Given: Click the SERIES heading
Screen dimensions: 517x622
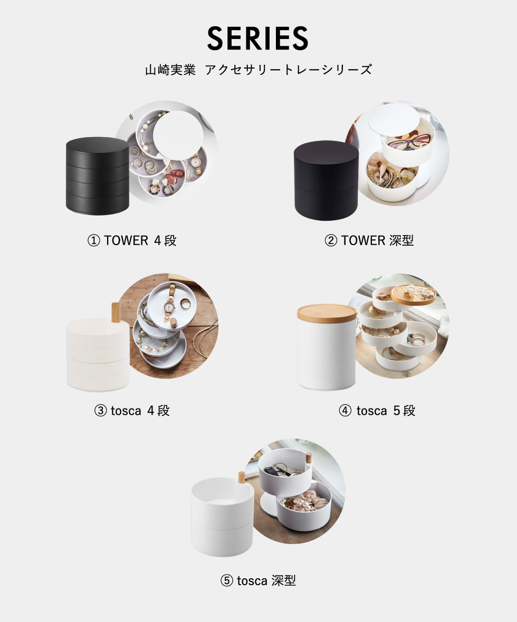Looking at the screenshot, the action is tap(257, 38).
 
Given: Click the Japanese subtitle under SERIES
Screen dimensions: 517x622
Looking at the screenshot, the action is tap(258, 70).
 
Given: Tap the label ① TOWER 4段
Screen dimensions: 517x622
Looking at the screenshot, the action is tap(132, 240).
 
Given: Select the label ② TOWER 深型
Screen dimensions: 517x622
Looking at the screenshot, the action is tap(369, 240).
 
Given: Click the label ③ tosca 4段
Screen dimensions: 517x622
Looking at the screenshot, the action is tap(132, 411).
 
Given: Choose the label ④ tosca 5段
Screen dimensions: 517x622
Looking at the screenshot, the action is tap(377, 411).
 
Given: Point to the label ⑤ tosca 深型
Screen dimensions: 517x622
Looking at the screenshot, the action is tap(258, 581).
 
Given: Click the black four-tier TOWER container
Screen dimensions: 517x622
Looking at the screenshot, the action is tap(97, 176).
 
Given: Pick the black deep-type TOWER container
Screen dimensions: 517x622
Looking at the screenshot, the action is tap(326, 180).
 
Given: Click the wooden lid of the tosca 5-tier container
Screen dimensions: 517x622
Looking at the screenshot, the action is tap(327, 312).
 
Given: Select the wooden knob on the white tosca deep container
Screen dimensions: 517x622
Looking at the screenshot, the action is tap(241, 479).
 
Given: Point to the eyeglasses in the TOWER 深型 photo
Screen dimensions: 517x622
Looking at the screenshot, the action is tap(409, 141).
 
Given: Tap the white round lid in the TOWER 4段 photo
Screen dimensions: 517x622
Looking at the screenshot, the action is tap(178, 135).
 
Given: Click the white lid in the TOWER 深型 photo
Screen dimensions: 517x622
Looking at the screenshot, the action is tap(394, 120).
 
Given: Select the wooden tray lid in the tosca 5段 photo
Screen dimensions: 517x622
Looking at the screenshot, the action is tap(414, 294).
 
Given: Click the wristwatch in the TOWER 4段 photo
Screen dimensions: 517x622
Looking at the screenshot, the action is tap(196, 162).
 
